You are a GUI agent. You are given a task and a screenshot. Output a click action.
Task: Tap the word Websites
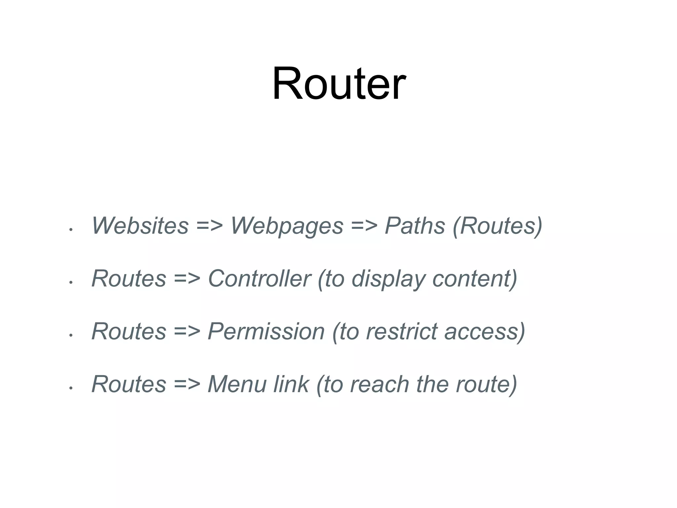point(140,226)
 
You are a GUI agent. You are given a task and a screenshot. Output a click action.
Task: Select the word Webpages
point(287,226)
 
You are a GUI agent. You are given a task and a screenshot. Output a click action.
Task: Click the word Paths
point(415,226)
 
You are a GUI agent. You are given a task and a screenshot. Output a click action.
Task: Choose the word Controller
point(259,278)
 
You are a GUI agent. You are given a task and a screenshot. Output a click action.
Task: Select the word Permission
point(266,331)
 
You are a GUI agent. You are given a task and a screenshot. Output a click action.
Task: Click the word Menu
point(237,384)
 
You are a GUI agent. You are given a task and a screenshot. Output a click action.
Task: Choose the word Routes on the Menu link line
point(129,384)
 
